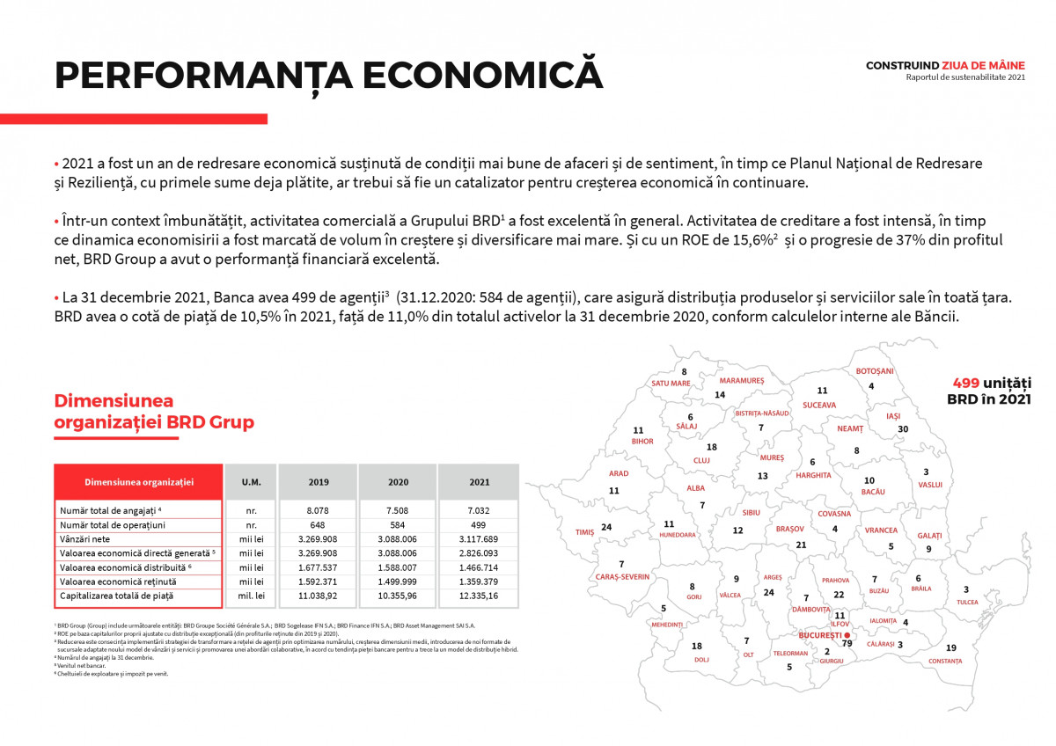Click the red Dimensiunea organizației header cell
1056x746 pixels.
click(138, 482)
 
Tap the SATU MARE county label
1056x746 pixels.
click(671, 384)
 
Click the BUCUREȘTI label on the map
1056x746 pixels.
click(818, 634)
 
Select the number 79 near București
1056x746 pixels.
click(847, 643)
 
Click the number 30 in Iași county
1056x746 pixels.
click(902, 429)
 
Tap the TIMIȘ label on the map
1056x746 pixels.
click(585, 532)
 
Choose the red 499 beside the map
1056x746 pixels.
click(966, 383)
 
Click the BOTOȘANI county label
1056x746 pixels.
click(875, 371)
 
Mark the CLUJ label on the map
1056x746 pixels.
click(701, 460)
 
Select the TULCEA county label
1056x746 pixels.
click(967, 603)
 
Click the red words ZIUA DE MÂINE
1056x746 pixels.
click(983, 65)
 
